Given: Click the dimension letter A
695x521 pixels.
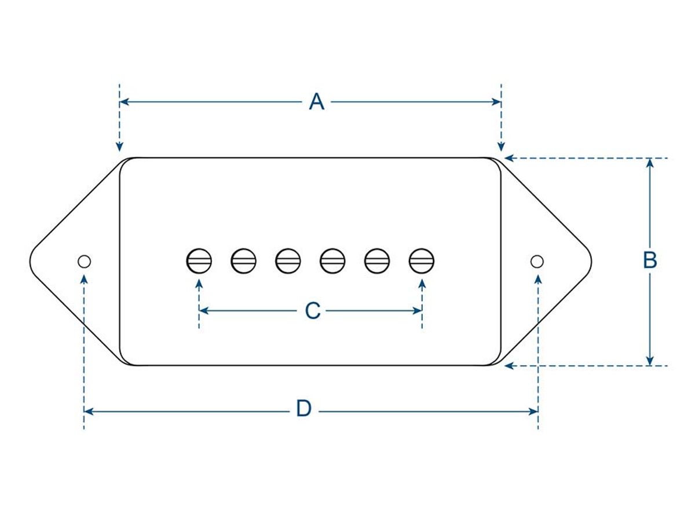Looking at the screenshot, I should [x=316, y=102].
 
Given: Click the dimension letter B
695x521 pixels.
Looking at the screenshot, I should [x=650, y=260].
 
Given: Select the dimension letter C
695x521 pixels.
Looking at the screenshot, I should [x=313, y=311].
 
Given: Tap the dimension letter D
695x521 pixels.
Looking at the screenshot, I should [x=303, y=410].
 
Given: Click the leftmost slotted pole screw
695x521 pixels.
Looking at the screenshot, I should [x=199, y=260].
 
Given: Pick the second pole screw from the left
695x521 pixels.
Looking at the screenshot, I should [x=243, y=260].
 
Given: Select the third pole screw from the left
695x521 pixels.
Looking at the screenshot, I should [x=288, y=260].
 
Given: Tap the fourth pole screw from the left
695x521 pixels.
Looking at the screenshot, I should [x=332, y=260].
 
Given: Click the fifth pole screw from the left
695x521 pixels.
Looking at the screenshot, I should [x=377, y=260].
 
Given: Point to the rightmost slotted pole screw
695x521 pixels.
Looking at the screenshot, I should [x=421, y=260].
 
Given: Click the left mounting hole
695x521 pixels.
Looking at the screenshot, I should [x=85, y=261].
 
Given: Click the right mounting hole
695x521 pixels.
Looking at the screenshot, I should [x=537, y=261].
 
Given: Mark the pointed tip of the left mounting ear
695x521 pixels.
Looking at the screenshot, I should [x=31, y=260].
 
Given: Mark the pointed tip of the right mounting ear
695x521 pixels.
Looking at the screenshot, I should [x=590, y=260].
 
